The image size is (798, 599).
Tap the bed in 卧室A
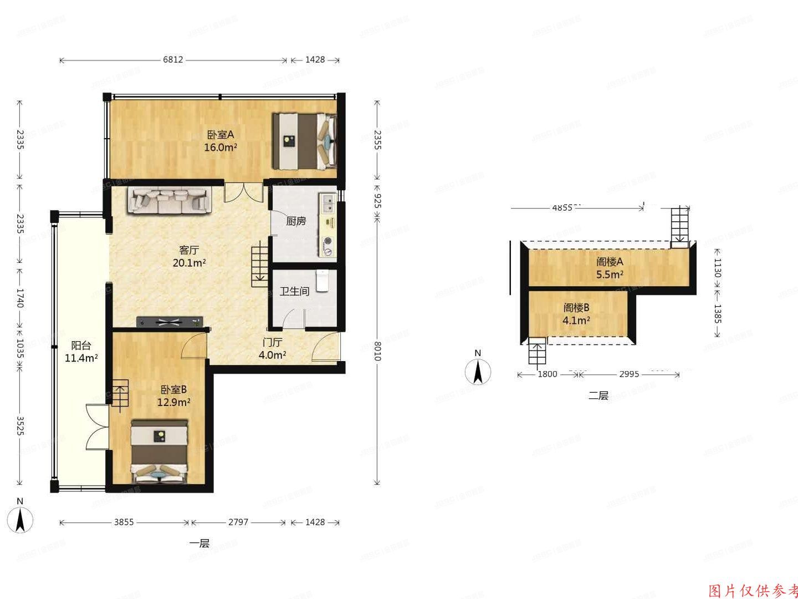[x=304, y=141]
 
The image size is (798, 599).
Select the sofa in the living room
[x=169, y=201]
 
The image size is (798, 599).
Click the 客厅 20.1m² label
[x=189, y=256]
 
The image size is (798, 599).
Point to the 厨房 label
[x=296, y=221]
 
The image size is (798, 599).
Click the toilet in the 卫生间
[x=323, y=281]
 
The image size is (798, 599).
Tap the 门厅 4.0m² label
[x=272, y=349]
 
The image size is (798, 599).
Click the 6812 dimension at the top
[x=173, y=60]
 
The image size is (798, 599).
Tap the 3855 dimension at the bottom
[x=124, y=522]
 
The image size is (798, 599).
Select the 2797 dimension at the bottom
[x=238, y=522]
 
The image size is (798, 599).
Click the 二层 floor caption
[x=598, y=396]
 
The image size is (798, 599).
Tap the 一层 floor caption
[x=199, y=544]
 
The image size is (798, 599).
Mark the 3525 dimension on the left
[x=20, y=426]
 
